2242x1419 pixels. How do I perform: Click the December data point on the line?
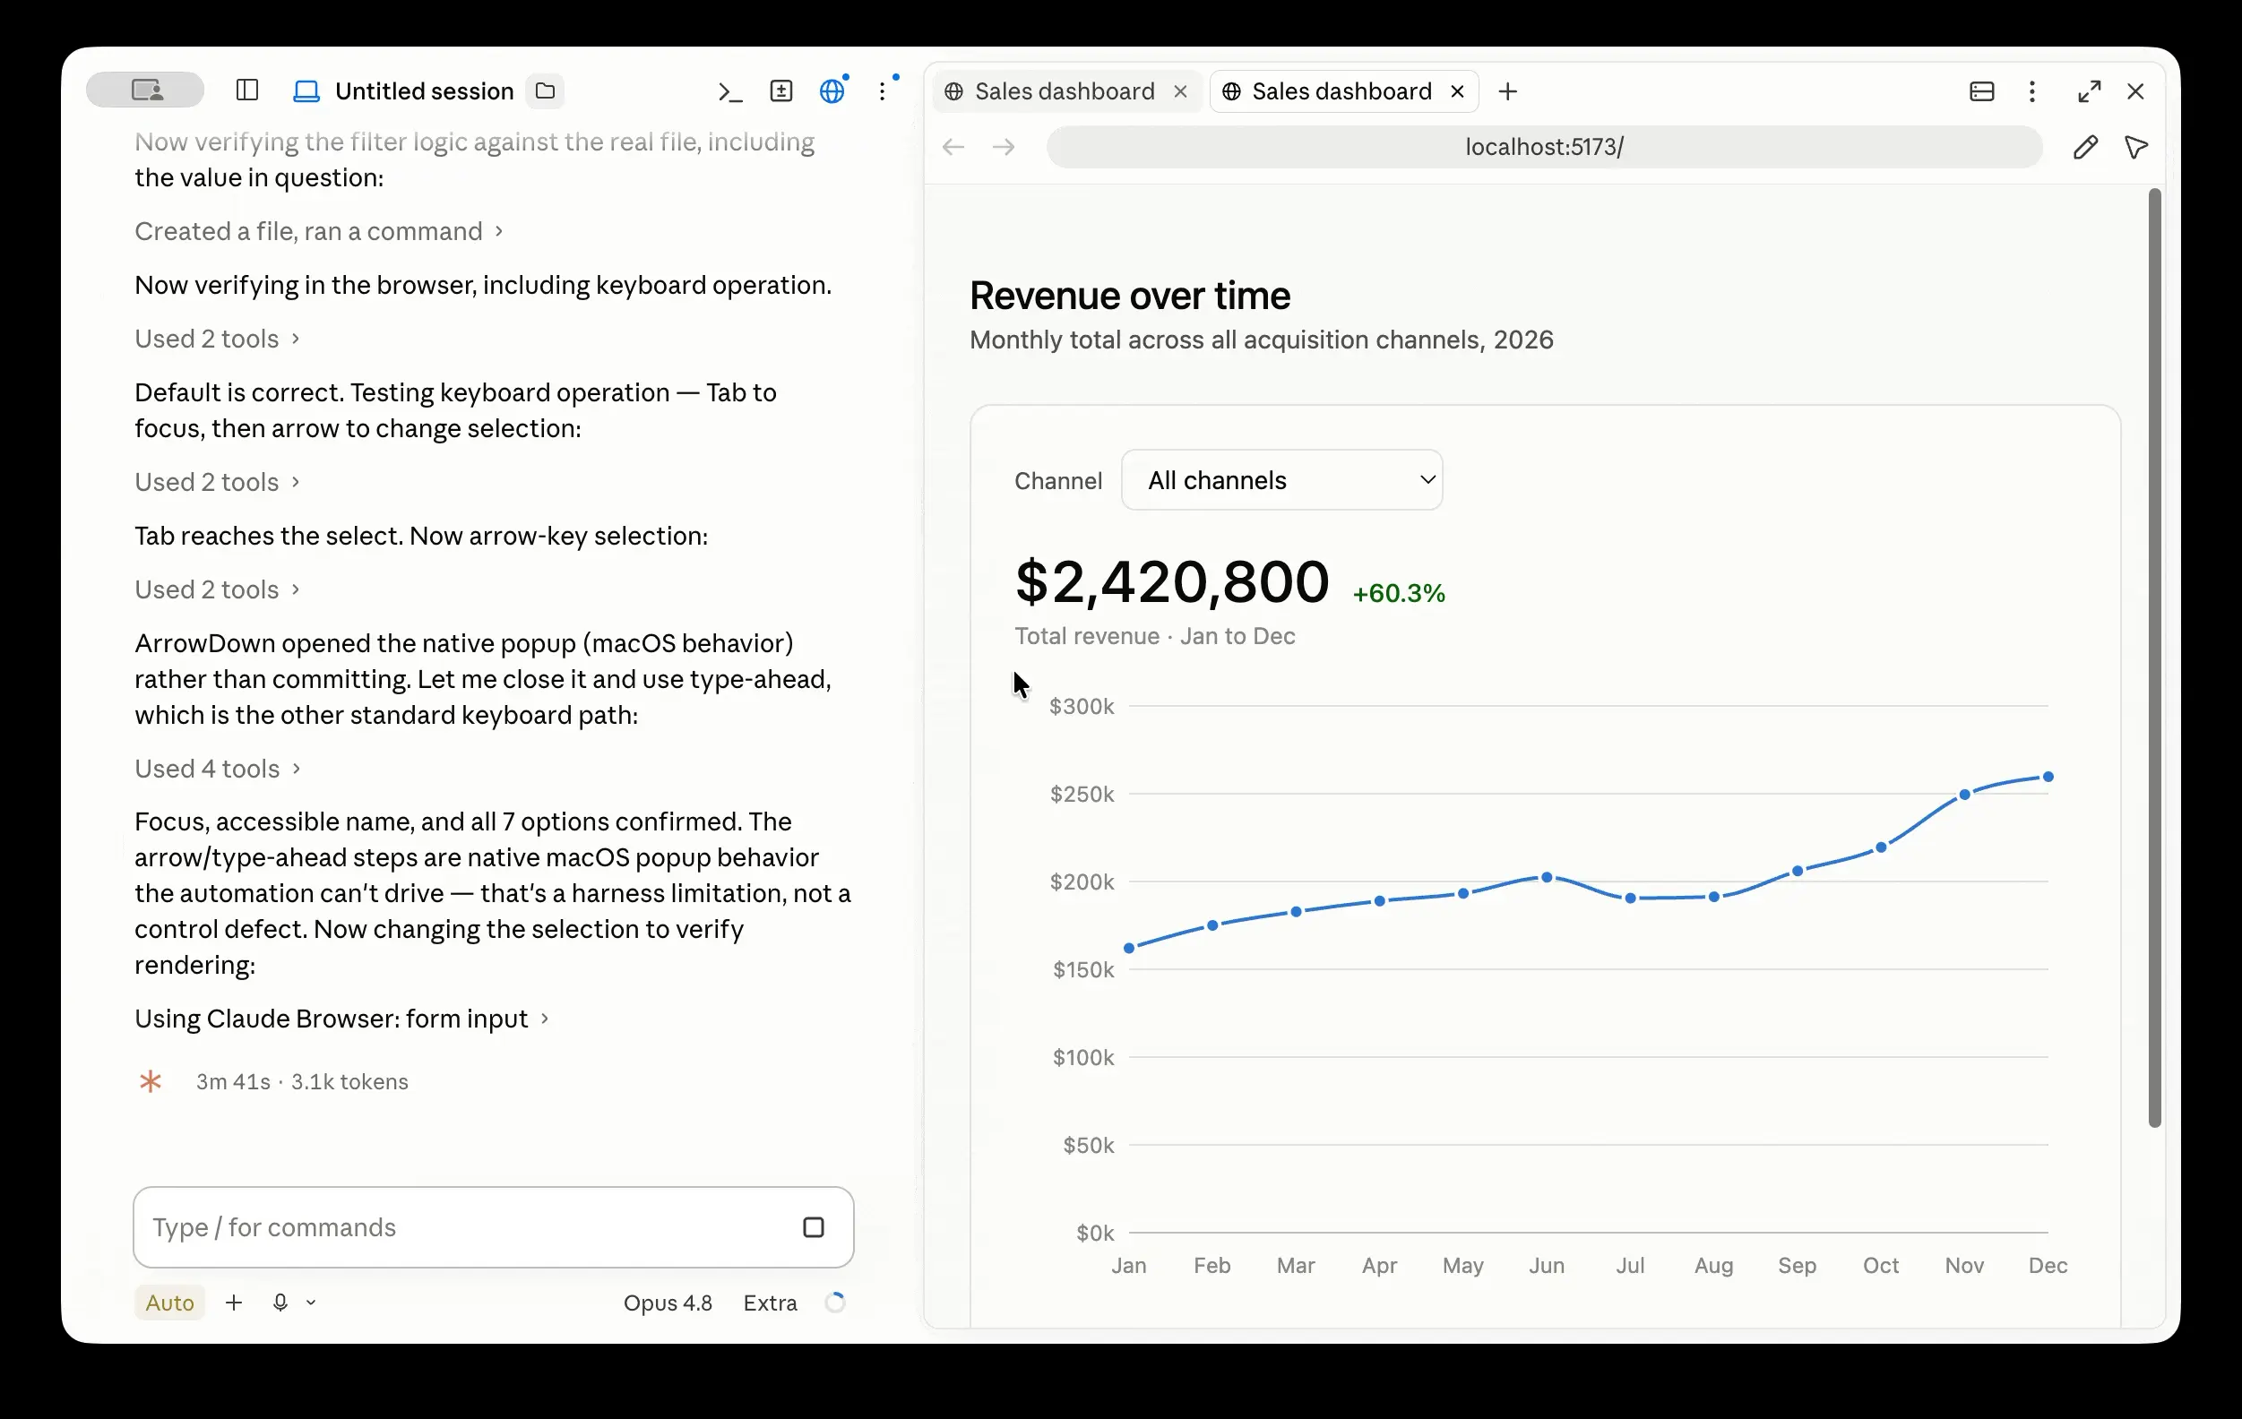click(2048, 777)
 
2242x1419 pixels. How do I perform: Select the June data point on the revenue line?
click(1547, 877)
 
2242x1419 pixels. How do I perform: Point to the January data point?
click(1129, 948)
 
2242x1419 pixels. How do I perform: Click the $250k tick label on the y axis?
click(1082, 795)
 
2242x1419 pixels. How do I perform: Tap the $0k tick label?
click(1095, 1233)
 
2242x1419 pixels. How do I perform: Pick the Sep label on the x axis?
click(1797, 1266)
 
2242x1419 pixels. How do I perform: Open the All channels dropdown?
click(1282, 480)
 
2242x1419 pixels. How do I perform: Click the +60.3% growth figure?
click(1399, 593)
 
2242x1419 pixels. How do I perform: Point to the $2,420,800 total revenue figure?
click(1172, 582)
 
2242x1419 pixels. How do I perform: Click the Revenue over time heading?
click(1129, 297)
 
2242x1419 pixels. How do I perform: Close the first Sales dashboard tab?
click(1180, 91)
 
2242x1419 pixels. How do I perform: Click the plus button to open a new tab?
click(1508, 91)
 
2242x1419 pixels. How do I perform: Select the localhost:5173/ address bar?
click(1544, 147)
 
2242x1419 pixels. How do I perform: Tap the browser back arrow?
click(953, 147)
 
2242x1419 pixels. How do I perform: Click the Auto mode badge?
click(169, 1303)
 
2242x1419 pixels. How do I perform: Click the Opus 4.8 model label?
click(668, 1303)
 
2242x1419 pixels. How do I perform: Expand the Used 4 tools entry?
click(217, 768)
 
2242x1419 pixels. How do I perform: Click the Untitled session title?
click(424, 91)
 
